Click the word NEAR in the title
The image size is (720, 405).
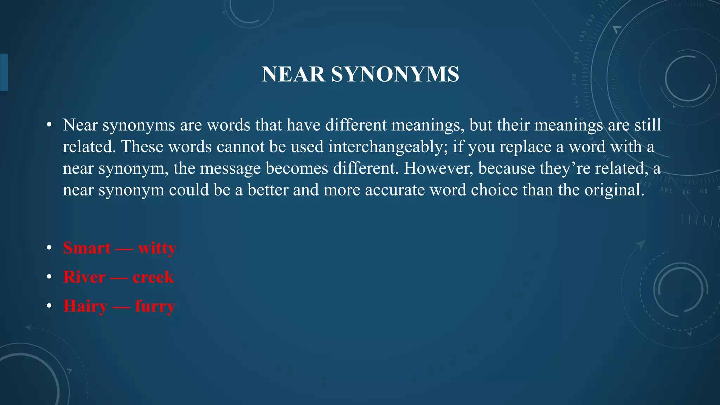293,74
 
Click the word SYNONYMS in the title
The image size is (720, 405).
395,74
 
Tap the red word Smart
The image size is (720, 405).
87,248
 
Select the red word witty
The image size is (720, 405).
157,248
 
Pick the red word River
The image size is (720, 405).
84,277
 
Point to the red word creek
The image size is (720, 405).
153,277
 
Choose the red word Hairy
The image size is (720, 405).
85,306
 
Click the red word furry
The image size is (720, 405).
155,306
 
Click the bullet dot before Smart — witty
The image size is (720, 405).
49,248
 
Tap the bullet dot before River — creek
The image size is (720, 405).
49,277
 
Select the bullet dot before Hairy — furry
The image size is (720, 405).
49,306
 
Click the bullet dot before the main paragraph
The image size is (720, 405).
49,125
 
